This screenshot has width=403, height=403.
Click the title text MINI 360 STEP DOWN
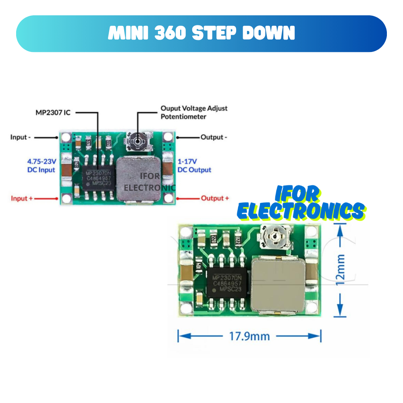(x=201, y=33)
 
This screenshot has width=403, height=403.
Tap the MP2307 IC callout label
(x=53, y=112)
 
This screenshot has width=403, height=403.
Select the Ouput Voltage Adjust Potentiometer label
(x=194, y=112)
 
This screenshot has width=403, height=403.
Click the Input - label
(x=21, y=137)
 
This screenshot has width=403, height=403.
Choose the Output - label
(x=214, y=137)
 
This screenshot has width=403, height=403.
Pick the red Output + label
(x=215, y=198)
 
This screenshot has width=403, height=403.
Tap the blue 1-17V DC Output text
(x=194, y=166)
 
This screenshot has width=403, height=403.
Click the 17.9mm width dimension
(x=249, y=336)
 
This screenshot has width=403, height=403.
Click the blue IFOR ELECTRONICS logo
(x=300, y=204)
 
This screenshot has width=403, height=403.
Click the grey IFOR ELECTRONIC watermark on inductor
(x=150, y=182)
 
